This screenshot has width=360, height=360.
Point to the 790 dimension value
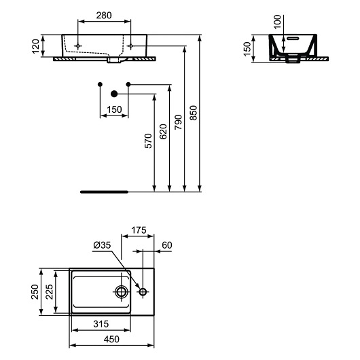(x=178, y=120)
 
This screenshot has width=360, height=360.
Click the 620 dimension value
(x=162, y=131)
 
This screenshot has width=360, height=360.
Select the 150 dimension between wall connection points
(x=113, y=109)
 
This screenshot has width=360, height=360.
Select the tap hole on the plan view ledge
(x=143, y=292)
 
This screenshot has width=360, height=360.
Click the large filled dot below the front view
(x=114, y=93)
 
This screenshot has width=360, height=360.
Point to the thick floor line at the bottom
(x=103, y=192)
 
